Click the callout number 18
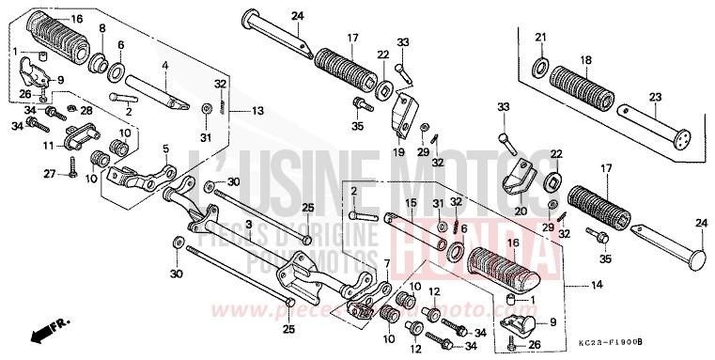coord(588,59)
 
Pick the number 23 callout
coord(656,96)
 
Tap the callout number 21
coord(540,37)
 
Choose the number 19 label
coord(398,150)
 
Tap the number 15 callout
coord(411,203)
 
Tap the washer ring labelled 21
coord(539,67)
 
